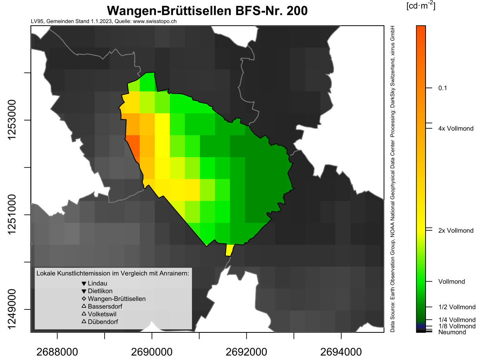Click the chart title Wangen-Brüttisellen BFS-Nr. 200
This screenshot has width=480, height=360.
(207, 11)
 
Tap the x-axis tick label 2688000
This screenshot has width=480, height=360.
(58, 352)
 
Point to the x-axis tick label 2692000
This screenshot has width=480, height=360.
(246, 352)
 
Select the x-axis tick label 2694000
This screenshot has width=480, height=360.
(341, 352)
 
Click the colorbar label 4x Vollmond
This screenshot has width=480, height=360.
(456, 128)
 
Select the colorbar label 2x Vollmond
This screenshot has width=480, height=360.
(456, 231)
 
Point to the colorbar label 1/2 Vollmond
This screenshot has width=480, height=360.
(457, 307)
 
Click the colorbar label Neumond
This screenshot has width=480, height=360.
(452, 332)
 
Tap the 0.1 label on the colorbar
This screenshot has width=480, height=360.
(443, 88)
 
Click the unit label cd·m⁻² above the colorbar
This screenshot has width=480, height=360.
(421, 6)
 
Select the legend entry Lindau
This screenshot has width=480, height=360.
(97, 283)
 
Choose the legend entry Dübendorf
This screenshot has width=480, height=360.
(103, 322)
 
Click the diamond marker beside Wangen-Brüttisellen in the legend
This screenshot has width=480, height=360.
(84, 299)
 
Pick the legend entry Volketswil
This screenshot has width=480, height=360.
(102, 314)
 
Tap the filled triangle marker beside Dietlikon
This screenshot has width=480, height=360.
(84, 291)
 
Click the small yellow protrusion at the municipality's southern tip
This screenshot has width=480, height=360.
(229, 250)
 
